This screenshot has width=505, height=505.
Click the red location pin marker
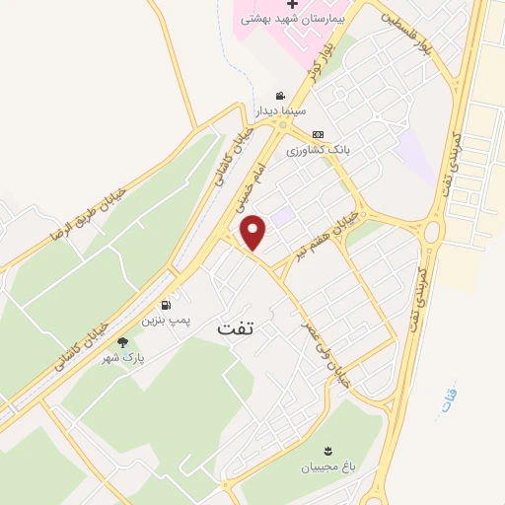254,233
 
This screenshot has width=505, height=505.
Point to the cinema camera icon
281,97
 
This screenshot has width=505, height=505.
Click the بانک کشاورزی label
319,150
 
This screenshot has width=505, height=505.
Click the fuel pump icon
163,305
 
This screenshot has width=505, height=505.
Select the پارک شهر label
122,358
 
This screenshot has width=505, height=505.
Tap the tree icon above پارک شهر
122,342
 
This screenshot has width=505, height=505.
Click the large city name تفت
235,328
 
